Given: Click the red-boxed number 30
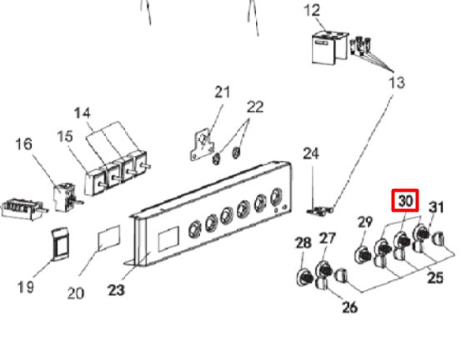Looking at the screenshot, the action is pos(405,201).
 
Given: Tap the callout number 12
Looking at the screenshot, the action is pos(312,11).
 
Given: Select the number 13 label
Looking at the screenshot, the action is pos(397,82).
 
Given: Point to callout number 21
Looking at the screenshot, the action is pos(223,92).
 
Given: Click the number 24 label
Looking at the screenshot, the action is pos(311,154).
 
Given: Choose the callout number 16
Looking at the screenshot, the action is pos(24,144).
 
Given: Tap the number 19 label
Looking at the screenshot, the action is pos(26,287).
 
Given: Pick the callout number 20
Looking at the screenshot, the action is pos(76,293).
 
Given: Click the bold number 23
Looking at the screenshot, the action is pos(117,290).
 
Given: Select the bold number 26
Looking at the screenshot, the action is pos(350,307).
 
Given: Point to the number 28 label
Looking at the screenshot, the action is pos(303,242).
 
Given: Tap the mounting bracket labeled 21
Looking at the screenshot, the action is pos(202,146).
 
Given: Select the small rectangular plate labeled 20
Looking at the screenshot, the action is pos(108,238).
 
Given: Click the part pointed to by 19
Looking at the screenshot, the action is pos(61,244).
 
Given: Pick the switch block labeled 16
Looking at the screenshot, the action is pos(65,197).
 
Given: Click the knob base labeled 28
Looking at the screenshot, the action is pos(304,277).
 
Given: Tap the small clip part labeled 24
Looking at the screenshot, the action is pos(320,211).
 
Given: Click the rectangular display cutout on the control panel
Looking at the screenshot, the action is pos(168,238).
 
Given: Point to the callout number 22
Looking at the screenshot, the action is pos(255,107).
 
